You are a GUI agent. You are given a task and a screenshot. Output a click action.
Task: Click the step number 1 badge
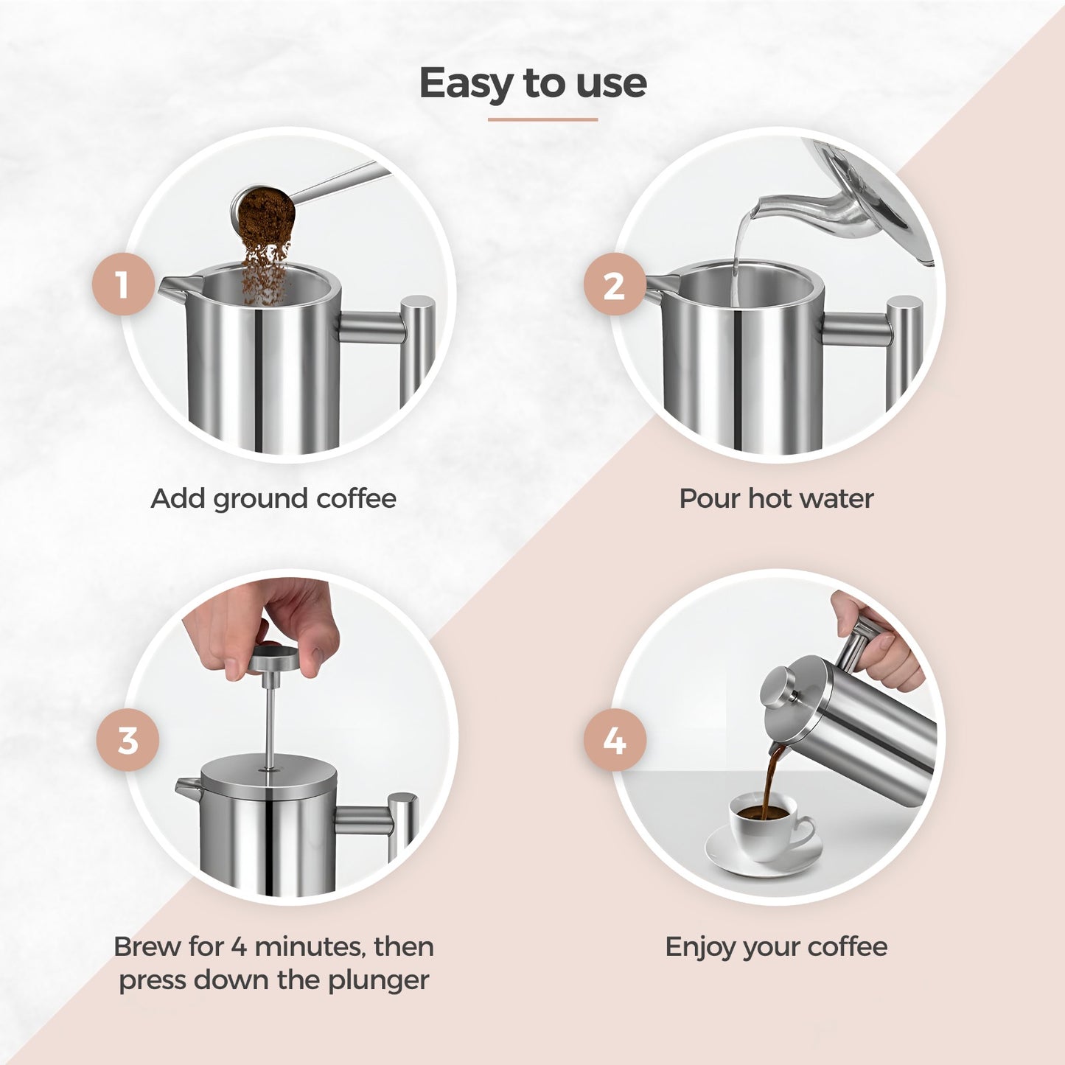click(x=123, y=284)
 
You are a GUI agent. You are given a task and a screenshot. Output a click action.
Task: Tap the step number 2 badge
click(x=615, y=284)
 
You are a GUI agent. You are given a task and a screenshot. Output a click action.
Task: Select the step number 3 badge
click(x=128, y=740)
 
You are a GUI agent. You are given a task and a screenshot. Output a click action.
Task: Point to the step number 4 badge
click(x=615, y=740)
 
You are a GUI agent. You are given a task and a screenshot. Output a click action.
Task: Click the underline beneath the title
click(x=542, y=119)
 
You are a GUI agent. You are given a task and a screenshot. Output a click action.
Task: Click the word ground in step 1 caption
click(x=260, y=500)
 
